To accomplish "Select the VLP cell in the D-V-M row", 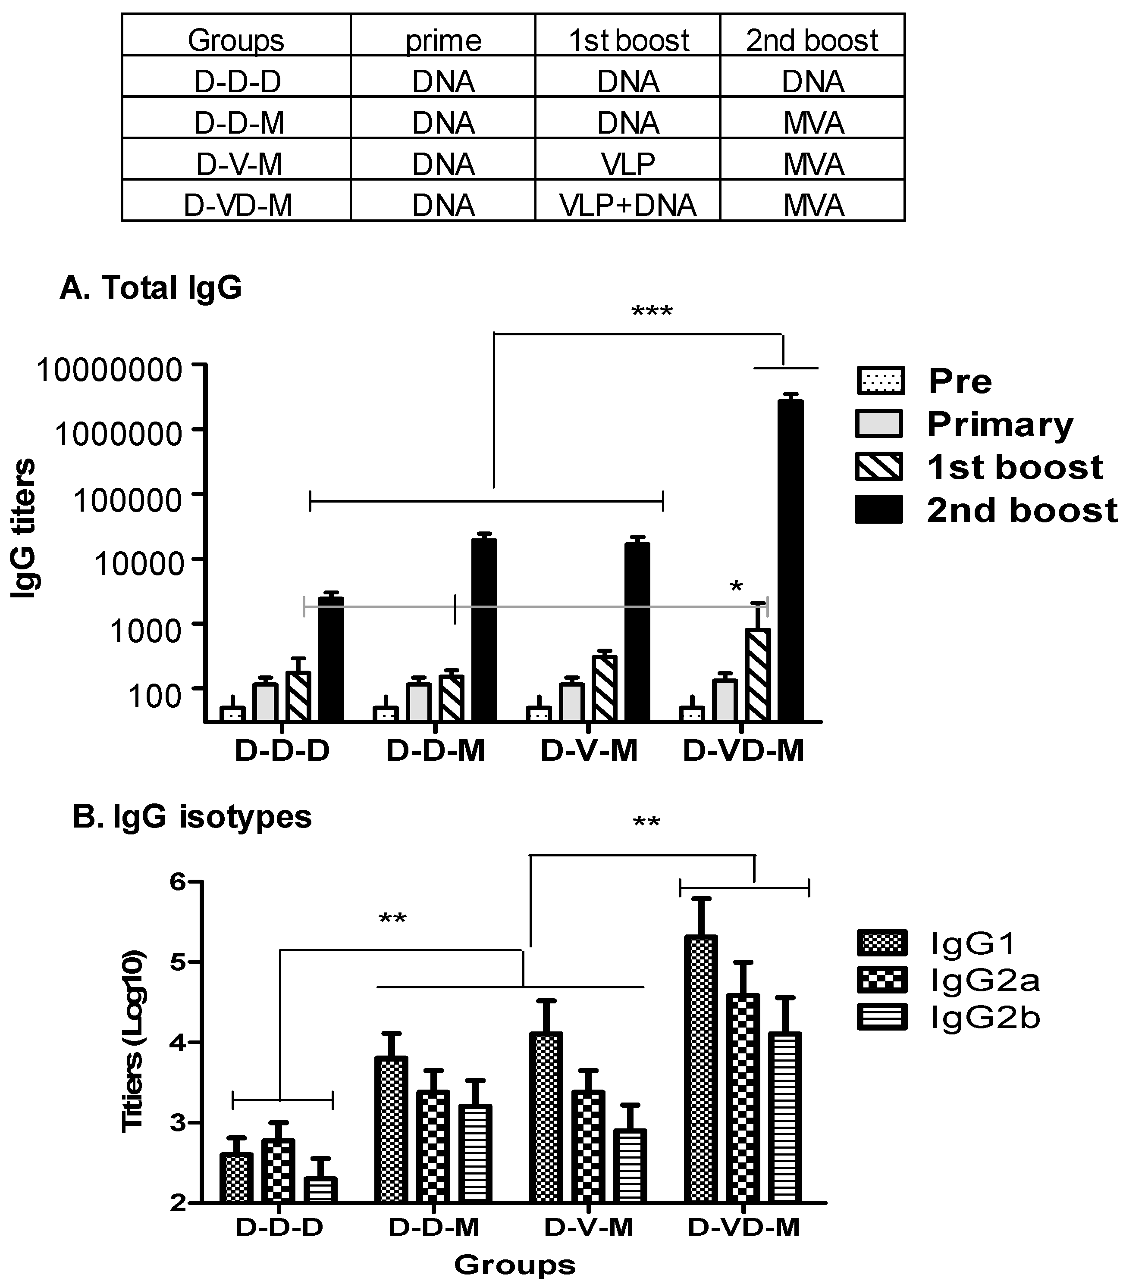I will (x=628, y=164).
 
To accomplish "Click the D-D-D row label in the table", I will (x=237, y=82).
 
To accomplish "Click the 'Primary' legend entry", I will (x=1000, y=425).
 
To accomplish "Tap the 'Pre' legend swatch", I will (x=880, y=381).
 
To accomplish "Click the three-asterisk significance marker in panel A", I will (x=652, y=311).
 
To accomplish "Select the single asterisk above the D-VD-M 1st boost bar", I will (x=736, y=587).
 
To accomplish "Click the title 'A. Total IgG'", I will (x=151, y=288).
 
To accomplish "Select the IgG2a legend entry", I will (x=984, y=980).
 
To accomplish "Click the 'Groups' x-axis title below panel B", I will (x=514, y=1265).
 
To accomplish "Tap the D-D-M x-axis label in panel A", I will (x=436, y=750).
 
